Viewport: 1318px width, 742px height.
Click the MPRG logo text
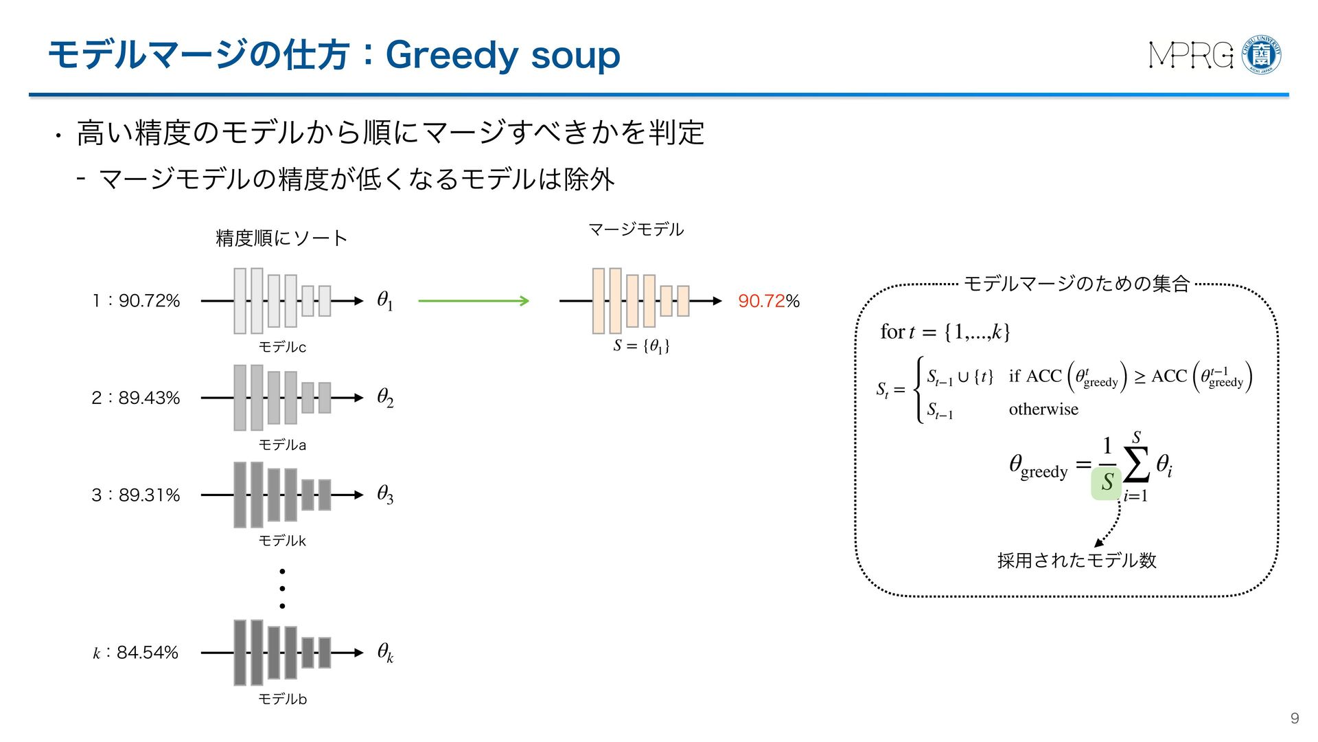click(1191, 55)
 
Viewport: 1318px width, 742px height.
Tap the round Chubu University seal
click(1262, 54)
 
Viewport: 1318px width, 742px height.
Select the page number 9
click(1295, 718)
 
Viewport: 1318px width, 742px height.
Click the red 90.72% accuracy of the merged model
click(769, 301)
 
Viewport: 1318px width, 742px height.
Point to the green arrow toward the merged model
click(473, 300)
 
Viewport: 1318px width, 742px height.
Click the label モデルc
click(282, 347)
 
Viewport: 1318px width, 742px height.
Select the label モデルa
click(282, 445)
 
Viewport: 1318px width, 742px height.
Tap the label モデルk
click(282, 541)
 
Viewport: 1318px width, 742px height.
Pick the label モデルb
click(282, 699)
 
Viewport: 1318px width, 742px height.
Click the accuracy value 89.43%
click(149, 398)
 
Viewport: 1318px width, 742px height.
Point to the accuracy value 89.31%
click(149, 495)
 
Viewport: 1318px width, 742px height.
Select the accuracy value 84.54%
click(147, 652)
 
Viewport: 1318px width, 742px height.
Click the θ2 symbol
click(385, 397)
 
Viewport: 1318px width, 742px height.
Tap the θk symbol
click(385, 652)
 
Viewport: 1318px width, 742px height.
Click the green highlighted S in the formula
click(1106, 482)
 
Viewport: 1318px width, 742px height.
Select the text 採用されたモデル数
click(1076, 561)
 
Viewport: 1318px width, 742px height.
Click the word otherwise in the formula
click(1043, 409)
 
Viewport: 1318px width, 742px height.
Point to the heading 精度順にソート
click(281, 238)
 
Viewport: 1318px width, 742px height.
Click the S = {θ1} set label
click(641, 346)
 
